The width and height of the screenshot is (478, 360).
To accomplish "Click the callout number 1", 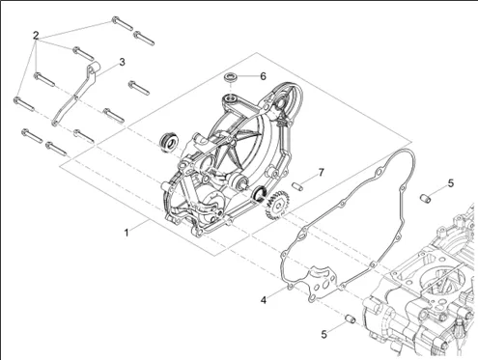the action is pyautogui.click(x=127, y=233).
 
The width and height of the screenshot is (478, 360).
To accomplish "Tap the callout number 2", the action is pyautogui.click(x=36, y=36).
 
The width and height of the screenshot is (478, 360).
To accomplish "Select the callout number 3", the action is pyautogui.click(x=122, y=62).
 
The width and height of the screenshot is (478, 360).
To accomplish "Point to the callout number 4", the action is pyautogui.click(x=264, y=300).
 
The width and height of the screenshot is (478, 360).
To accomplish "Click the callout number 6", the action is pyautogui.click(x=263, y=76).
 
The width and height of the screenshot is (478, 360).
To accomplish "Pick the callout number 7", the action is pyautogui.click(x=321, y=173).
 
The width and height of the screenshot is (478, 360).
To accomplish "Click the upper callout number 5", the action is pyautogui.click(x=451, y=183).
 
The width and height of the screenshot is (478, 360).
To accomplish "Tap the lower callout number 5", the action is pyautogui.click(x=323, y=334).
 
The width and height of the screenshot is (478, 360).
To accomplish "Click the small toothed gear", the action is pyautogui.click(x=277, y=205).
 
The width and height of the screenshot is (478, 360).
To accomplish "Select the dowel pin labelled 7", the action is pyautogui.click(x=296, y=186).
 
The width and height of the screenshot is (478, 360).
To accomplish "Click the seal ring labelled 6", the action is pyautogui.click(x=230, y=77).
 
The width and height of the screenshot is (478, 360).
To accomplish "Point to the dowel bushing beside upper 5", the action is pyautogui.click(x=426, y=198).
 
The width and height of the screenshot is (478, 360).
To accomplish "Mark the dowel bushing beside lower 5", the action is pyautogui.click(x=350, y=318).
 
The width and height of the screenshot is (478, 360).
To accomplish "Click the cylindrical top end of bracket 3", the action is pyautogui.click(x=94, y=69).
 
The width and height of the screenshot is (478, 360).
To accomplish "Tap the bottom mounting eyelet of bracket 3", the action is pyautogui.click(x=55, y=124).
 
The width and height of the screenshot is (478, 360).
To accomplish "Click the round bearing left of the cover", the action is pyautogui.click(x=169, y=142).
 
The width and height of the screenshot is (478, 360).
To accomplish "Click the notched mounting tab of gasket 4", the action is pyautogui.click(x=322, y=283).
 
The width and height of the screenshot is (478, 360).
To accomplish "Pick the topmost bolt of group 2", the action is pyautogui.click(x=123, y=23).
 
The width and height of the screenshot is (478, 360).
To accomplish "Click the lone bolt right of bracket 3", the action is pyautogui.click(x=139, y=88).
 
